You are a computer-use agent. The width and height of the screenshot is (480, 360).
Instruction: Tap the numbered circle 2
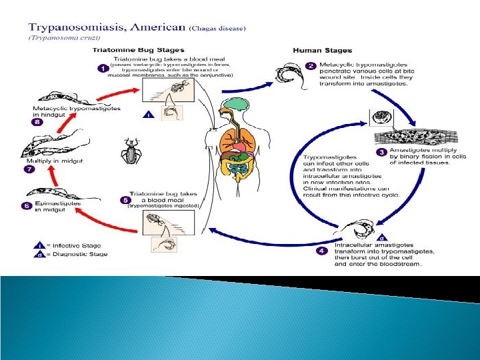click(x=309, y=65)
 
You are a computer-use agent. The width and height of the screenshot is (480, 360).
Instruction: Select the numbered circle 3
click(x=381, y=152)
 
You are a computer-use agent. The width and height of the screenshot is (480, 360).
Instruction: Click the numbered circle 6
click(x=27, y=206)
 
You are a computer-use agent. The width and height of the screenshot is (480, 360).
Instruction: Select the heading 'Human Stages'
click(x=323, y=51)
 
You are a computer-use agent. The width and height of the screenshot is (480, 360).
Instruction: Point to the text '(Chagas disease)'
click(x=219, y=28)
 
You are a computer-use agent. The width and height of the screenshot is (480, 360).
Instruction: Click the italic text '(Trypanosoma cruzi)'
click(x=53, y=37)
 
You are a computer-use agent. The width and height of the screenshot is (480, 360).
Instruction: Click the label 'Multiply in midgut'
click(x=54, y=162)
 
